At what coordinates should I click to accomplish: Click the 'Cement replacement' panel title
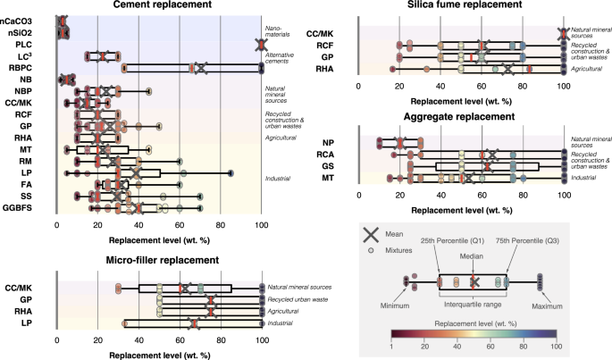[x=159, y=5]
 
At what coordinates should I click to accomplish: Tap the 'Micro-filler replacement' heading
[x=159, y=260]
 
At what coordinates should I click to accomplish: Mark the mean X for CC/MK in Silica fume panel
[x=562, y=33]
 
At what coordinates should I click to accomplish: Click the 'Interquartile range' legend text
[x=473, y=303]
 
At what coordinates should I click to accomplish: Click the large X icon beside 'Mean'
[x=371, y=235]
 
